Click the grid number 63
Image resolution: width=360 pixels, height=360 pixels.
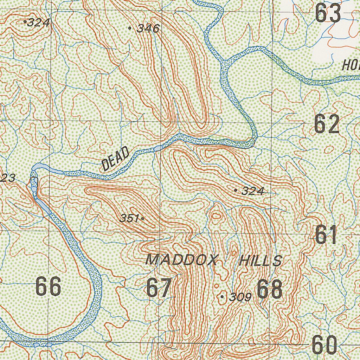point(328,13)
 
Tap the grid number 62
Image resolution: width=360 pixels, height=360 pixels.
point(327,124)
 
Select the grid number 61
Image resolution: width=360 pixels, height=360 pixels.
point(326,235)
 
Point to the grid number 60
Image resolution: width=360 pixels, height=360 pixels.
point(324,346)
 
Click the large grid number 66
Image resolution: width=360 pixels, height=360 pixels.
point(49,286)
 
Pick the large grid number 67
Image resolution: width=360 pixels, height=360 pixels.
point(159,287)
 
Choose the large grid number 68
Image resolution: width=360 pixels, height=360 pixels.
point(269,289)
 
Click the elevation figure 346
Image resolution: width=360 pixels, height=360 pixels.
point(148,28)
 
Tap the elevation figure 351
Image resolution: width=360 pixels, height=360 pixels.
point(129,218)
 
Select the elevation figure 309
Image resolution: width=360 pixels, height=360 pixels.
point(240,297)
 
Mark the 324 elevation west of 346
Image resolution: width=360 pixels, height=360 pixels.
point(38,23)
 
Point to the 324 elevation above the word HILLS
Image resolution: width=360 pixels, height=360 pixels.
point(253,191)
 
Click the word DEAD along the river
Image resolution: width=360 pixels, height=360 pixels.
point(115,159)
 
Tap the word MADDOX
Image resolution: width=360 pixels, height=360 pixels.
point(182,260)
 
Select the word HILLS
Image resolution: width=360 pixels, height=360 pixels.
point(260,261)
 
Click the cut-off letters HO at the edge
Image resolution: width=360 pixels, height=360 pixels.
point(351,65)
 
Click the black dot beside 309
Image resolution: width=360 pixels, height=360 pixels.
point(222,297)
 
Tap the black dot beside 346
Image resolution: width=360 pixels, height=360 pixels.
point(130,28)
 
